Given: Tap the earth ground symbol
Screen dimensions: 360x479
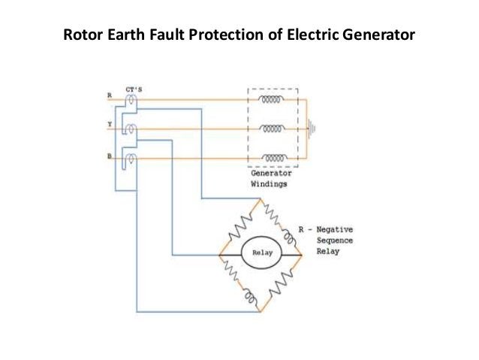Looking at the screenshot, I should point(313,129).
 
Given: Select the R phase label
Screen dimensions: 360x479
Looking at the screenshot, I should point(110,96).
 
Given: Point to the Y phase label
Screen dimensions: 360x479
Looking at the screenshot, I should point(110,126).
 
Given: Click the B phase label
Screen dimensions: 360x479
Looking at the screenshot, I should point(110,156).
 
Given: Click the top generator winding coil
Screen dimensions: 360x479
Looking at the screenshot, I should point(273,98).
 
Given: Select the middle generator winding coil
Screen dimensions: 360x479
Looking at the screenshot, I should point(273,129).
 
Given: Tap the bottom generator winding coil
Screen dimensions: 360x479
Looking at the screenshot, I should point(273,159).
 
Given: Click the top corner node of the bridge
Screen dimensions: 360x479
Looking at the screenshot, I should point(259,201).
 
